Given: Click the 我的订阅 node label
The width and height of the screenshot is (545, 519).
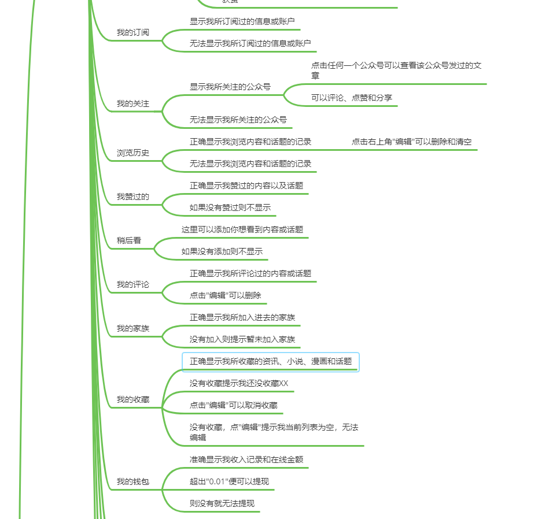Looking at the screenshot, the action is tap(132, 32).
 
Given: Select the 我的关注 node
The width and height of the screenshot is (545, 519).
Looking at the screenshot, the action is tap(132, 104).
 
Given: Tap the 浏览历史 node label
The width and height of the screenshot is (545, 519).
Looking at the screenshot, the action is tap(132, 153).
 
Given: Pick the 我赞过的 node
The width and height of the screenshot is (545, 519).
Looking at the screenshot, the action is tap(132, 197).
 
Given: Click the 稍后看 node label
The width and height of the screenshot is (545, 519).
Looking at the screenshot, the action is tap(128, 240).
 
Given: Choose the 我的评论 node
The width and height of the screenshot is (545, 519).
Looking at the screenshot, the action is tap(132, 284).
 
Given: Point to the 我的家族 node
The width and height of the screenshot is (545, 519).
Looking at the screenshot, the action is tap(132, 328).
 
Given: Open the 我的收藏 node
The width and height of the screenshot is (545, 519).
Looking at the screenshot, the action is tap(132, 399).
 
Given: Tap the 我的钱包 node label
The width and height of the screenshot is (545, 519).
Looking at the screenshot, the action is tap(132, 481).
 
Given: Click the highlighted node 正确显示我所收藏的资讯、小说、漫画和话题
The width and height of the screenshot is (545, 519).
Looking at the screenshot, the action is tap(270, 362).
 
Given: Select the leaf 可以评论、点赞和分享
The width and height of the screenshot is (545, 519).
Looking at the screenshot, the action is tap(351, 98).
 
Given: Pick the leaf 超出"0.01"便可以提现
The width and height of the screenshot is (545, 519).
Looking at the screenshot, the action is tap(229, 481).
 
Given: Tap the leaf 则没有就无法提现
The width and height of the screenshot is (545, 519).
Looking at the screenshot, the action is tap(222, 503).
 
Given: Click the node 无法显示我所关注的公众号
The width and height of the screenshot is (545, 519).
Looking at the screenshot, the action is tap(238, 120).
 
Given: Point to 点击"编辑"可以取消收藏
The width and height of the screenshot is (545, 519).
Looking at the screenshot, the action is tap(233, 405).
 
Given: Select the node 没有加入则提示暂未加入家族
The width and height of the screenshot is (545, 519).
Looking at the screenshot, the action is tap(242, 339).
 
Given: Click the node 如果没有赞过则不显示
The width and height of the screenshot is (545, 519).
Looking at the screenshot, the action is tap(230, 207).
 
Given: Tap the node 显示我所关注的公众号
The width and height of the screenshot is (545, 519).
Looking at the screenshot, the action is tap(230, 87).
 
